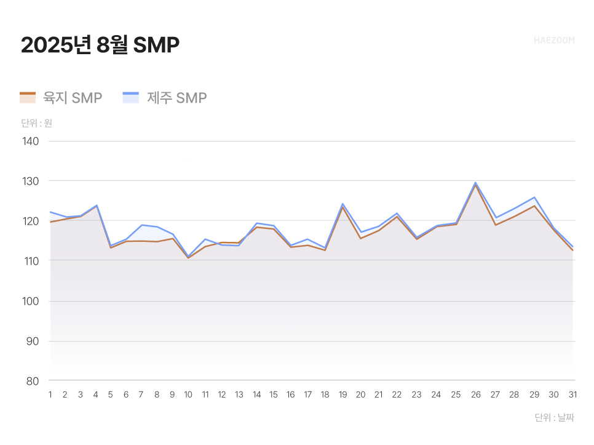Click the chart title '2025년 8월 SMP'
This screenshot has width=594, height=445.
(x=100, y=46)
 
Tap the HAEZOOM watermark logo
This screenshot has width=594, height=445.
(x=554, y=41)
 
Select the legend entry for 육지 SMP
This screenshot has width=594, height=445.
(x=61, y=98)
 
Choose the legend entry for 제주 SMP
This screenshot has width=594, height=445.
(x=165, y=98)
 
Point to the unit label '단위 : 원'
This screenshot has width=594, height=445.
(x=36, y=123)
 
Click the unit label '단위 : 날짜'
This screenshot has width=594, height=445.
(x=554, y=418)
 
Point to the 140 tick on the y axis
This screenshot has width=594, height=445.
(x=31, y=142)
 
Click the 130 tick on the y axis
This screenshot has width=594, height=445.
(x=31, y=182)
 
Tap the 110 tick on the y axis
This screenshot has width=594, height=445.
(x=31, y=261)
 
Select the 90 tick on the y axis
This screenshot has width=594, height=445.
(x=31, y=341)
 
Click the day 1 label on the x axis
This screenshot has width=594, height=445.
(x=50, y=395)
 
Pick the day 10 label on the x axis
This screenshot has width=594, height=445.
(x=188, y=395)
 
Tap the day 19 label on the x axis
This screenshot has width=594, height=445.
(x=343, y=395)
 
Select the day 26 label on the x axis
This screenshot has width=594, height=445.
(x=475, y=395)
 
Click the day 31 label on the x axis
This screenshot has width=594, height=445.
(x=572, y=395)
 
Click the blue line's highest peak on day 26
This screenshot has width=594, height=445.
(x=475, y=182)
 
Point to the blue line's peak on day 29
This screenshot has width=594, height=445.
(x=534, y=198)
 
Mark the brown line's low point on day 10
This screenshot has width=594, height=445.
(x=188, y=258)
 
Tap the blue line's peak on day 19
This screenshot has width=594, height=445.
(x=343, y=204)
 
